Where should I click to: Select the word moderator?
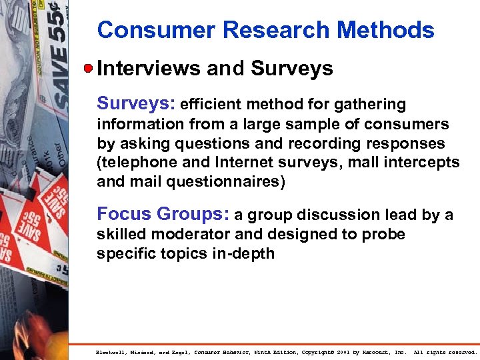[187, 235]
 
